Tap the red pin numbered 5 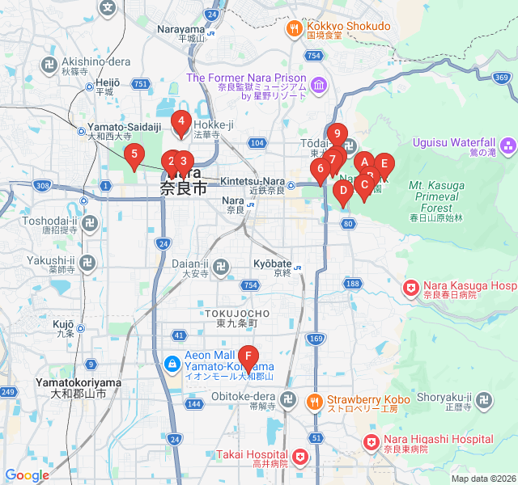coord(134,154)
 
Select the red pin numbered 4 coord(181,124)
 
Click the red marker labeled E coord(384,164)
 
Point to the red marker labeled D coord(342,192)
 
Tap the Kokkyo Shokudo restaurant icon coord(293,30)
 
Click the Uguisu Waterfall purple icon coord(508,146)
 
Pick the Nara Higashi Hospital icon coord(371,442)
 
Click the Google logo coord(27,475)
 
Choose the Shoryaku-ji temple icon coord(484,400)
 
